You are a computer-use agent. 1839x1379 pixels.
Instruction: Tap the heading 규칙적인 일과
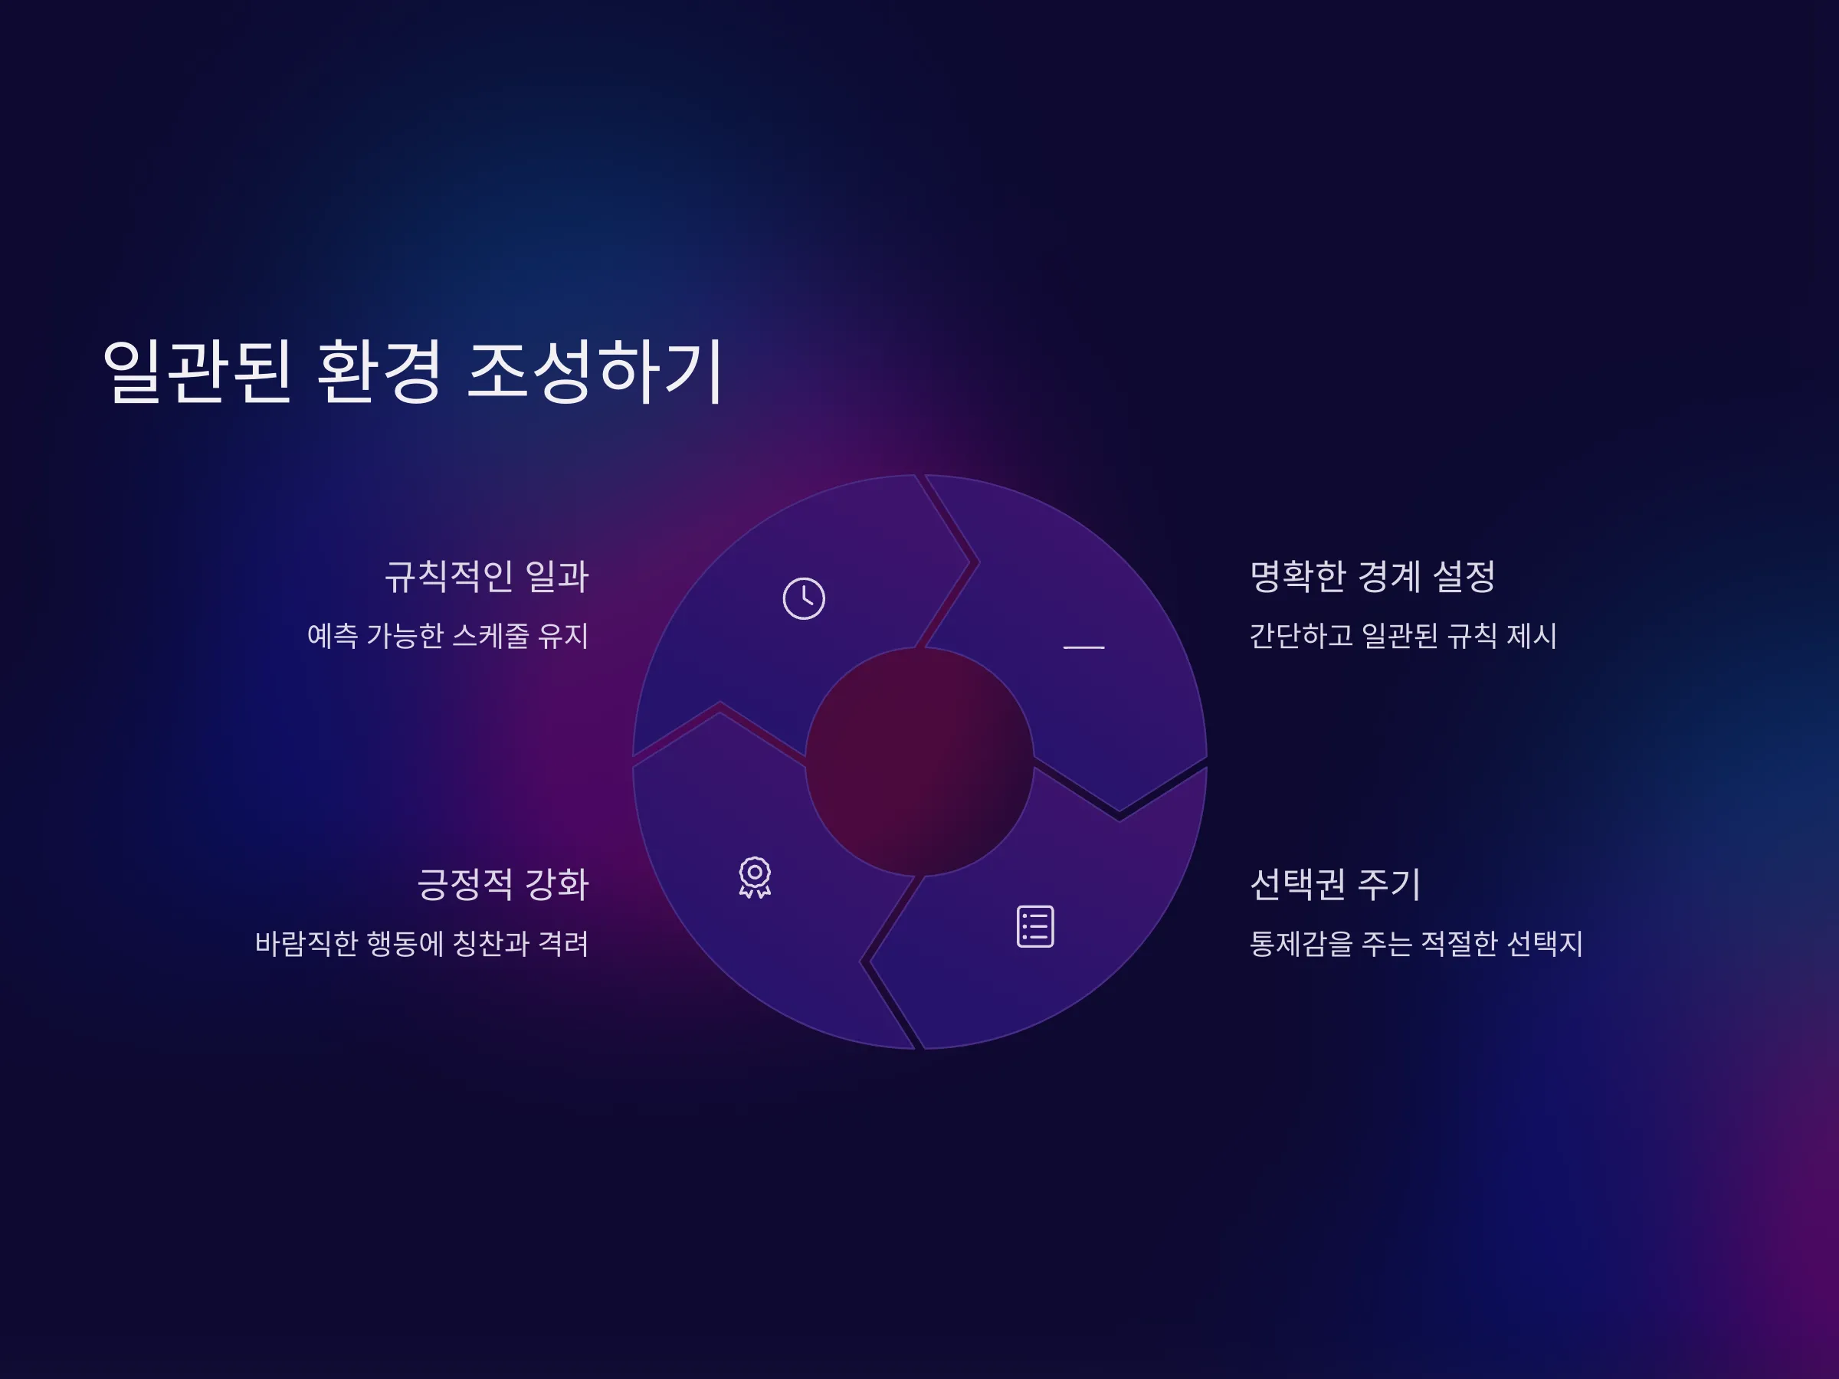point(487,576)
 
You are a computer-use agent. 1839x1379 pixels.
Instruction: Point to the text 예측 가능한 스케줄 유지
point(448,636)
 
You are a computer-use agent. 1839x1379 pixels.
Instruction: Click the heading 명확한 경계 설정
point(1372,576)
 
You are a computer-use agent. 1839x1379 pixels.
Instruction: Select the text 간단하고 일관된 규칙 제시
point(1402,636)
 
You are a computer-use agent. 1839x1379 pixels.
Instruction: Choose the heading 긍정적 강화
point(503,883)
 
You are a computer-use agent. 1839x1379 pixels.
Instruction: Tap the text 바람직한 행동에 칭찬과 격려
point(421,943)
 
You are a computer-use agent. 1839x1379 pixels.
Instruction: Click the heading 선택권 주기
point(1335,883)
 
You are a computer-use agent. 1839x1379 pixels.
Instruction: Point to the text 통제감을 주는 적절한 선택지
point(1416,943)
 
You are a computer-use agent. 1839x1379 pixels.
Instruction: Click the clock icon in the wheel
point(804,598)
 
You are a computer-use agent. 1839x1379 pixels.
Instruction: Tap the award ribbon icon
point(755,878)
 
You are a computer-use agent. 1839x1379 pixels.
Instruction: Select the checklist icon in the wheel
point(1035,926)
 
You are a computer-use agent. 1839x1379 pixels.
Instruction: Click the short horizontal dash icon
point(1084,647)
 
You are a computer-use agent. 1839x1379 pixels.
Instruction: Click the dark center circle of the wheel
point(919,762)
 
